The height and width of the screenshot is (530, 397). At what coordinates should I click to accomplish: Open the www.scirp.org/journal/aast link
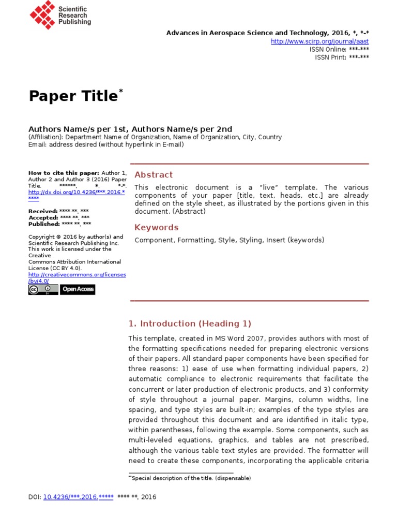click(x=319, y=41)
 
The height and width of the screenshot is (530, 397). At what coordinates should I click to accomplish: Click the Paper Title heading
click(x=73, y=96)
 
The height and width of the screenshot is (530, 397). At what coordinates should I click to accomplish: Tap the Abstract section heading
click(x=154, y=175)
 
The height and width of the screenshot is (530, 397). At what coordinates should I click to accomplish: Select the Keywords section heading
click(x=156, y=228)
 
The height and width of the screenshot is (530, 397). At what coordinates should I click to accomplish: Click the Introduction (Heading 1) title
click(x=190, y=324)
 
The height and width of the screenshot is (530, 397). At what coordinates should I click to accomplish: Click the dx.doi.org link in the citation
click(x=77, y=192)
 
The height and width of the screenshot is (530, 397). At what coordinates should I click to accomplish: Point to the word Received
click(x=42, y=211)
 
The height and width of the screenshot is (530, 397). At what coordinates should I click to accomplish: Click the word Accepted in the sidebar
click(x=43, y=218)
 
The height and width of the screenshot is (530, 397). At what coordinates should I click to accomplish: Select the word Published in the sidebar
click(x=43, y=224)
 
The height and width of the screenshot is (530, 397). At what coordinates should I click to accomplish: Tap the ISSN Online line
click(x=339, y=49)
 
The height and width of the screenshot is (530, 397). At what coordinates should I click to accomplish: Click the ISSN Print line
click(x=342, y=57)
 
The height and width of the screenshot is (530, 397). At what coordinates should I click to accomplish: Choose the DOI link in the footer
click(x=78, y=497)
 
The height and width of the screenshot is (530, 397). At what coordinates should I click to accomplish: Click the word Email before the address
click(x=37, y=145)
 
